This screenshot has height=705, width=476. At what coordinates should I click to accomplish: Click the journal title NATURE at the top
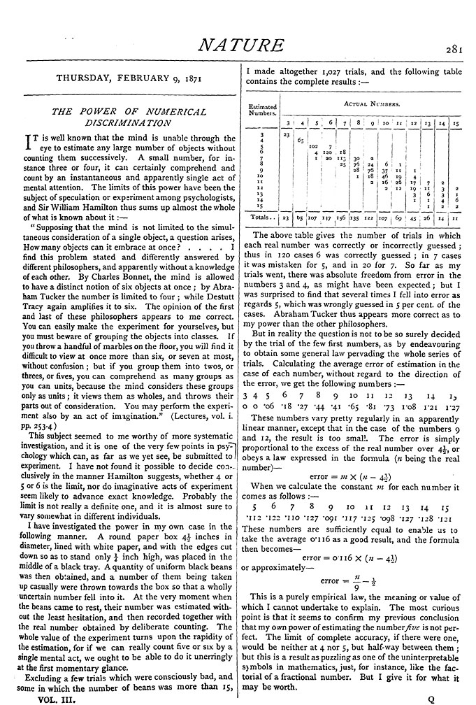pyautogui.click(x=240, y=46)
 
